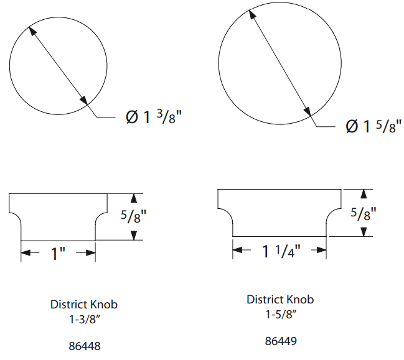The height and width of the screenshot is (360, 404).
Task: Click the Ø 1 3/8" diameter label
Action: point(154,117)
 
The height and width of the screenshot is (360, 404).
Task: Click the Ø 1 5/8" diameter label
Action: point(373,126)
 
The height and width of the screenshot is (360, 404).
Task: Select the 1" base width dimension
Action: point(59,253)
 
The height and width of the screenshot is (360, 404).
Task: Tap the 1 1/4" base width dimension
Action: point(281,251)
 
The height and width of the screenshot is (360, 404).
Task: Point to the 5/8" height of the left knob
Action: point(133,216)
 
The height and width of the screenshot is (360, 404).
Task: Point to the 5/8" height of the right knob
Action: point(364,214)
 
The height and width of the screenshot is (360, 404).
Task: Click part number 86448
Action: point(85,346)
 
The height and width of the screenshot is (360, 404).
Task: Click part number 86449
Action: point(281,341)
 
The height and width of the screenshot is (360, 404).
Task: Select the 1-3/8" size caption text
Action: point(85,320)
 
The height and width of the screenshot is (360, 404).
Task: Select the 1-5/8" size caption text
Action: point(281,315)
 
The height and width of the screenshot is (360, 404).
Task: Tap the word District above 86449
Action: point(264,300)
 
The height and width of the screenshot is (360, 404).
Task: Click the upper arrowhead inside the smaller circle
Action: point(32,31)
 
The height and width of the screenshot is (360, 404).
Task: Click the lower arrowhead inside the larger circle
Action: point(307,110)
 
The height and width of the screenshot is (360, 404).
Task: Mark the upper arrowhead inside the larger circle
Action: point(253,15)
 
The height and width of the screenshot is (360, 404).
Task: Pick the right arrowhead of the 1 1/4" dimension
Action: point(322,250)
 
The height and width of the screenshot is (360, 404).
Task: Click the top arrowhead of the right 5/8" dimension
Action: point(364,194)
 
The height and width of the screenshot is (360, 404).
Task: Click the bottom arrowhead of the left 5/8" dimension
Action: point(134,236)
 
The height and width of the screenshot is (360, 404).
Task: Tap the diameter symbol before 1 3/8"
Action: point(132,118)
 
